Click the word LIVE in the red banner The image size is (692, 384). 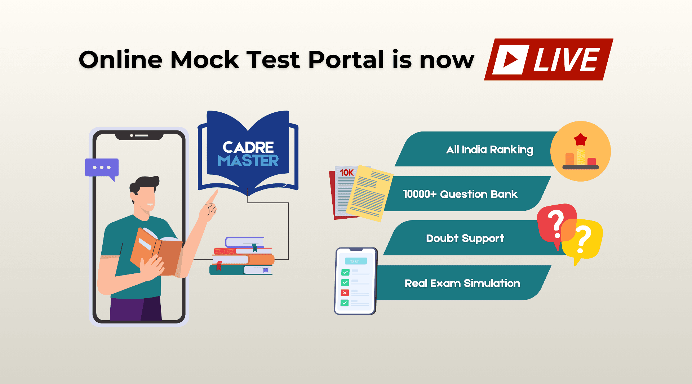[566, 59]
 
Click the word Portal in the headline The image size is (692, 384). [346, 59]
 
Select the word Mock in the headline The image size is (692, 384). [205, 59]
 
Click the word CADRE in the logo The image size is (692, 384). [248, 147]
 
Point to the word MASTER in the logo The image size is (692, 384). [248, 161]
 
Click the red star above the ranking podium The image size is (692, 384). [581, 139]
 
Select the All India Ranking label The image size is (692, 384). [489, 149]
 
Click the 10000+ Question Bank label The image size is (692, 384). [460, 194]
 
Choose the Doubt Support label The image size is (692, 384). [465, 238]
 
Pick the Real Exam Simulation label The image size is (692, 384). [462, 283]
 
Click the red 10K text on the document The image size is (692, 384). [347, 173]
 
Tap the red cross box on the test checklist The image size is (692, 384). [345, 293]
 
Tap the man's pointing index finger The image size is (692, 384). [212, 197]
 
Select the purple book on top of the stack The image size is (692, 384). [245, 242]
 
